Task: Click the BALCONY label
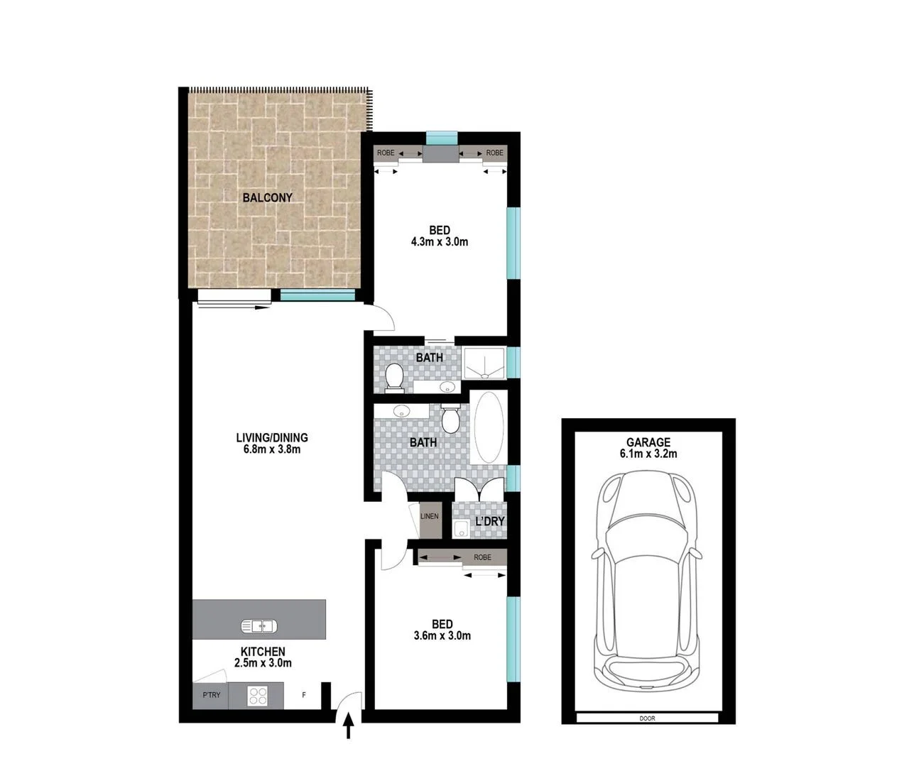click(267, 197)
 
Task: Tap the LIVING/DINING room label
click(272, 438)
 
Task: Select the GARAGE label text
click(648, 442)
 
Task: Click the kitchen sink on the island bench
click(258, 626)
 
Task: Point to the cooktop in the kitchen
click(258, 695)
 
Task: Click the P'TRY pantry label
click(212, 695)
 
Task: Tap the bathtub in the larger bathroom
click(488, 427)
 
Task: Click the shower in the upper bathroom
click(484, 361)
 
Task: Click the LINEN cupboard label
click(430, 517)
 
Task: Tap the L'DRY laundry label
click(490, 521)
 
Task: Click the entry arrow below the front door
click(349, 728)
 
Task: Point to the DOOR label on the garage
click(647, 718)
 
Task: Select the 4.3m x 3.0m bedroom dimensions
click(439, 241)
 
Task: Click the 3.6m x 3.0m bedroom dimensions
click(442, 635)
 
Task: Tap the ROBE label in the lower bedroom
click(482, 557)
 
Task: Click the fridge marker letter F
click(304, 695)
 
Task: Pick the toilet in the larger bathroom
click(450, 420)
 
